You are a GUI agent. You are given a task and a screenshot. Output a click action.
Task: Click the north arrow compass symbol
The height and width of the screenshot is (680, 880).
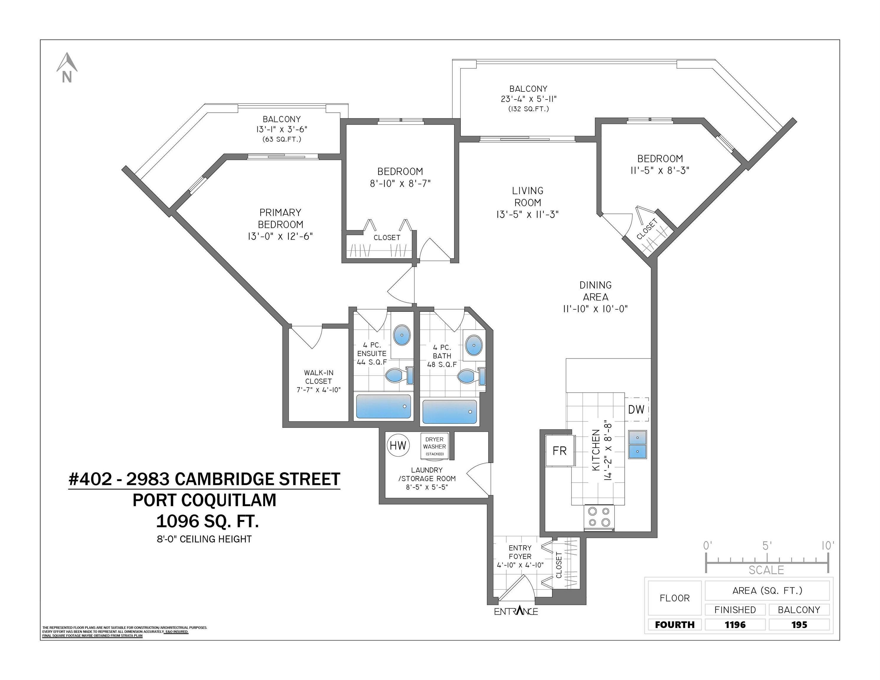point(67,68)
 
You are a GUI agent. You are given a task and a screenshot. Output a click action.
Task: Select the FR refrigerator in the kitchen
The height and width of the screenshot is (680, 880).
point(559,451)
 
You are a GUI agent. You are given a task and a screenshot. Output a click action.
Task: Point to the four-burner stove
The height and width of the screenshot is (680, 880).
point(599,518)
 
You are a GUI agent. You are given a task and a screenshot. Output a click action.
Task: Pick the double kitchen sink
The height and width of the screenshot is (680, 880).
point(637,445)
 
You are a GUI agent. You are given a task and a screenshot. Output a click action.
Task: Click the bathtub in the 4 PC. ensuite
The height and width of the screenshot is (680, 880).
point(383,406)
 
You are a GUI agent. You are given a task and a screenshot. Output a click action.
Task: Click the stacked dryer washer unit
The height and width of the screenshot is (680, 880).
point(434,446)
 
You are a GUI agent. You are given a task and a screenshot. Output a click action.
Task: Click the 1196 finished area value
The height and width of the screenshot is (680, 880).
point(735,625)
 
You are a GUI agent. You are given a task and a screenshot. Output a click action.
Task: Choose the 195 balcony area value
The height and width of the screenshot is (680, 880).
point(799,625)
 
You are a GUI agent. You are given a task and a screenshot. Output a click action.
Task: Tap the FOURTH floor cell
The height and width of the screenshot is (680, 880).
point(675,625)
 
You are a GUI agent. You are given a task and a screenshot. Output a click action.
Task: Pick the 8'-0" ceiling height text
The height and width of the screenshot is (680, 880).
point(204,539)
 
